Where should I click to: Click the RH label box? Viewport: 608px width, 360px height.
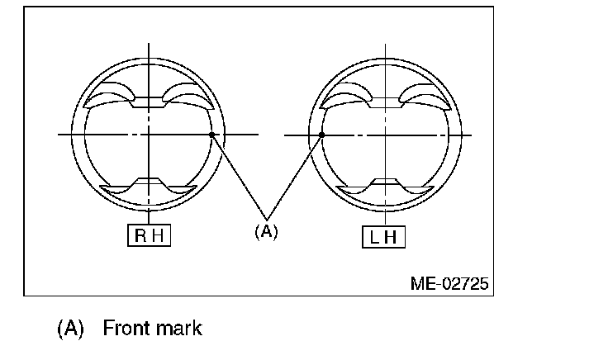[149, 234]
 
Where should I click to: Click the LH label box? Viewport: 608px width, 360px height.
[383, 237]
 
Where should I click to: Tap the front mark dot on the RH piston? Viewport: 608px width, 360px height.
[211, 135]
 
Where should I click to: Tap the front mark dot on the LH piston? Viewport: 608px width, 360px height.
[321, 135]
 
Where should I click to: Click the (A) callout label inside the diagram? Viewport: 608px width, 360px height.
[266, 231]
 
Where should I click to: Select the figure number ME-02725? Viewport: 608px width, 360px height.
[449, 284]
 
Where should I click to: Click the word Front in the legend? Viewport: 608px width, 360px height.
[126, 328]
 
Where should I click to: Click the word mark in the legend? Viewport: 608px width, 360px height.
[178, 328]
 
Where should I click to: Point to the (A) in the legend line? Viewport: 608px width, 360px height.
[70, 329]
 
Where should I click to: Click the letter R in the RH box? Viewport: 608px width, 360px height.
[140, 235]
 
